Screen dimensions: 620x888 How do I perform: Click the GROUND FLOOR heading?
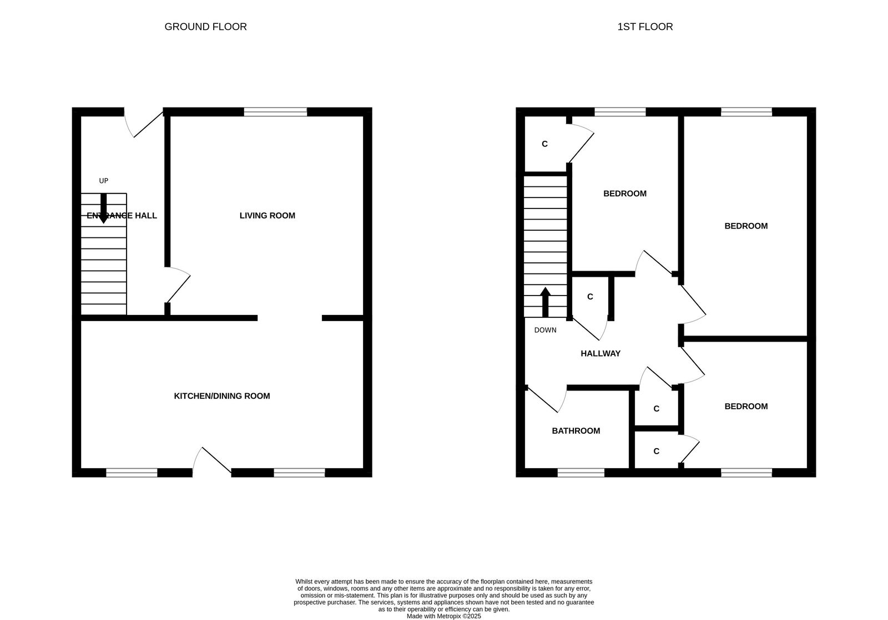(205, 27)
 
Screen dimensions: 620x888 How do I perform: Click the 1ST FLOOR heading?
(645, 27)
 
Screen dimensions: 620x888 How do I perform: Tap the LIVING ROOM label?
(267, 216)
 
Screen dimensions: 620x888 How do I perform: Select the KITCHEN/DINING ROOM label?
(222, 396)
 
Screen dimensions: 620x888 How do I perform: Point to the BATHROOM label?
(576, 431)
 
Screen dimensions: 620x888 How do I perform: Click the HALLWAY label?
(600, 354)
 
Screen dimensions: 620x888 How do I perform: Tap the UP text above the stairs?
(103, 181)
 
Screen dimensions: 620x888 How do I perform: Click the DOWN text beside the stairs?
(545, 331)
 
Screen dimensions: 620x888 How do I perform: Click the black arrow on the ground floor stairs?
(103, 209)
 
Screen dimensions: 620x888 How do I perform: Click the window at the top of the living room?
(275, 112)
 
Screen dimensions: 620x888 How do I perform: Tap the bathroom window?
(581, 472)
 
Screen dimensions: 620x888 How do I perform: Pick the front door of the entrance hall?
(143, 123)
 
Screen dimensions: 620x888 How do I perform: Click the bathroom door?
(546, 400)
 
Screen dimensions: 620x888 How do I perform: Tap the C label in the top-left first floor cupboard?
(544, 144)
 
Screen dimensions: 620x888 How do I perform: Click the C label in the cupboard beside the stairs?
(590, 297)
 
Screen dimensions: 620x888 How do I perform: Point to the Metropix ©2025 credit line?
(443, 616)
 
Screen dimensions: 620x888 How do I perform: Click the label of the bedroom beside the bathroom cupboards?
(746, 406)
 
